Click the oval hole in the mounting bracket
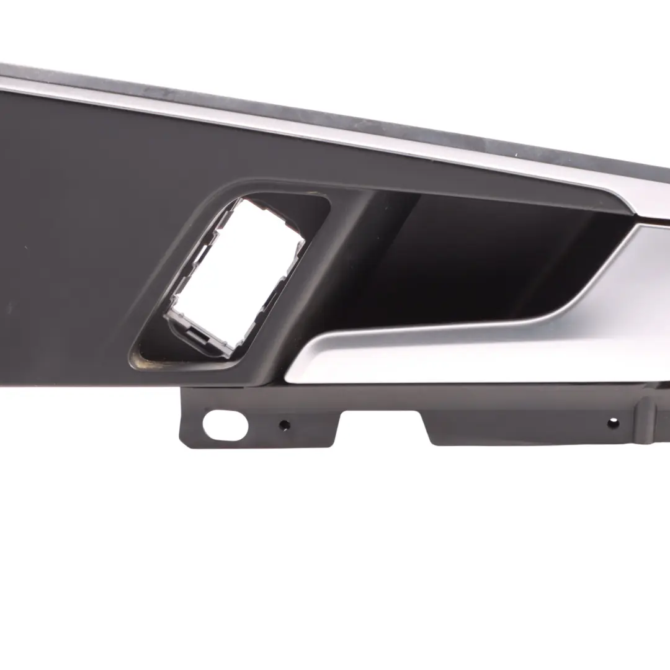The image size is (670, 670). [x=225, y=425]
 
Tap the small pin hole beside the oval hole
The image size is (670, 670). [x=284, y=426]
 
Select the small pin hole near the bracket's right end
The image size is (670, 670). [x=613, y=422]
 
